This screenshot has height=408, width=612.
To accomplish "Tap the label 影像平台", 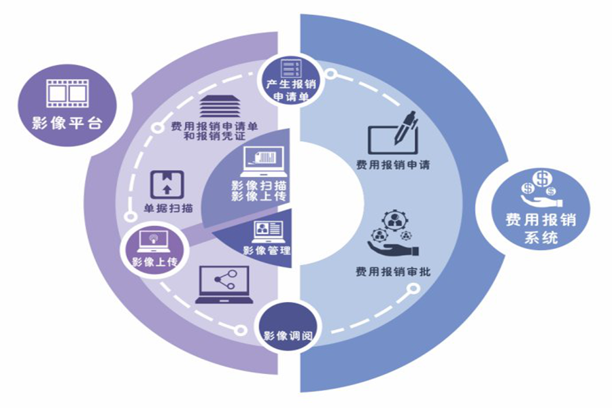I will pos(66,124).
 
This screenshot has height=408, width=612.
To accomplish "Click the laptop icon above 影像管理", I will pos(269,232).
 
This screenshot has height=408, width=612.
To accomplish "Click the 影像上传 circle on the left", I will pos(154,249).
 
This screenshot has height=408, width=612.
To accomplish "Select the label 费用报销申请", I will pos(392,165).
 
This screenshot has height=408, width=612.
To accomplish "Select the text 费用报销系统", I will pos(541,229).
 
